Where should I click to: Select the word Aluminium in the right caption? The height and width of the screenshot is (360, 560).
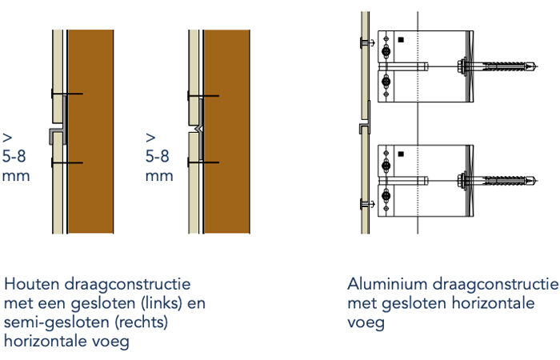(x=380, y=285)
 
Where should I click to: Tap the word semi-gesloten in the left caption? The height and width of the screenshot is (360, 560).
(x=50, y=323)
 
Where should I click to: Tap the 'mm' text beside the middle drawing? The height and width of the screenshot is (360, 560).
(x=159, y=174)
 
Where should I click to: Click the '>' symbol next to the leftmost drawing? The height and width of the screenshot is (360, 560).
(x=6, y=136)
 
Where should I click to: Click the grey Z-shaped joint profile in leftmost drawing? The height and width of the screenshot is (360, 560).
(x=55, y=133)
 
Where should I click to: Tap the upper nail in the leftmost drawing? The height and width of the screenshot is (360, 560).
(x=66, y=95)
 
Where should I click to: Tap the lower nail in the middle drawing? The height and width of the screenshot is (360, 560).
(x=203, y=162)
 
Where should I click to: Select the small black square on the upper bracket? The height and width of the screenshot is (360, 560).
(x=401, y=40)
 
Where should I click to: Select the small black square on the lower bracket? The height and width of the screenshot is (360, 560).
(x=401, y=154)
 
